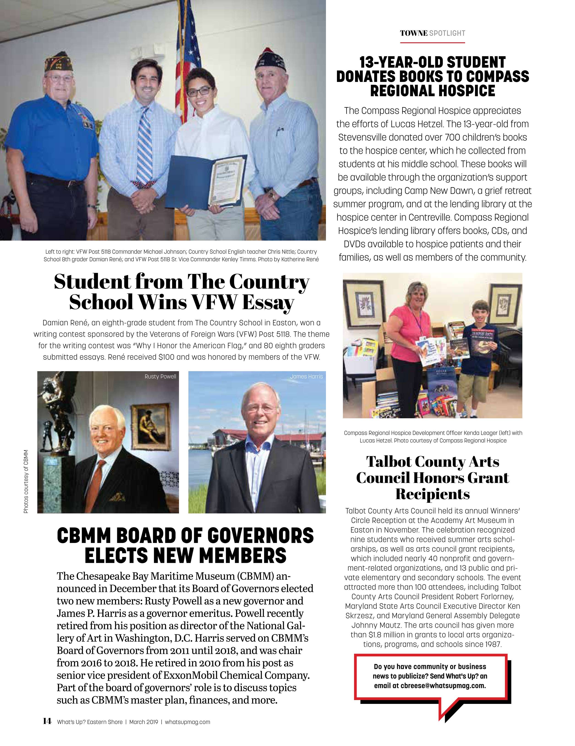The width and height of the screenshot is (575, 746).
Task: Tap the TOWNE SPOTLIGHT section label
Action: pos(432,33)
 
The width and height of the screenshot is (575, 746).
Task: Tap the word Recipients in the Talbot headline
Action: pos(432,494)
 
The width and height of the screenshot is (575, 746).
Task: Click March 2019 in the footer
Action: pos(144,722)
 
